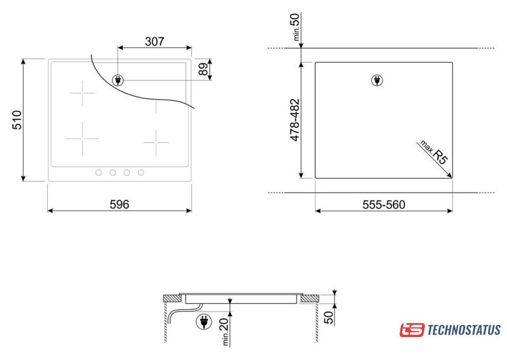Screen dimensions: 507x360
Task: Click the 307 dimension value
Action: pyautogui.click(x=155, y=42)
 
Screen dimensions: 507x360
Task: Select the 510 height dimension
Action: pyautogui.click(x=17, y=120)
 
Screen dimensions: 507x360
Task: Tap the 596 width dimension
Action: pyautogui.click(x=120, y=204)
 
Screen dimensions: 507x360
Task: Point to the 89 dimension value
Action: pyautogui.click(x=203, y=69)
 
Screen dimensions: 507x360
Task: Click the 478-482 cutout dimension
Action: pyautogui.click(x=295, y=120)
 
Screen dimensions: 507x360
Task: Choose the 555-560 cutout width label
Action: pyautogui.click(x=384, y=205)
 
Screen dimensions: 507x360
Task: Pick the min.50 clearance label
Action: pyautogui.click(x=296, y=27)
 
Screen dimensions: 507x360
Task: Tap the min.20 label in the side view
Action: pyautogui.click(x=225, y=332)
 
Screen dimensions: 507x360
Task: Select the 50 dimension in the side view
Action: pyautogui.click(x=328, y=317)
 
